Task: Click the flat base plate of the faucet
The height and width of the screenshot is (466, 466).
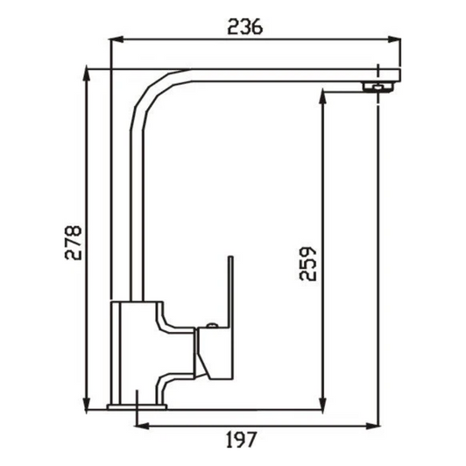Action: (137, 406)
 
